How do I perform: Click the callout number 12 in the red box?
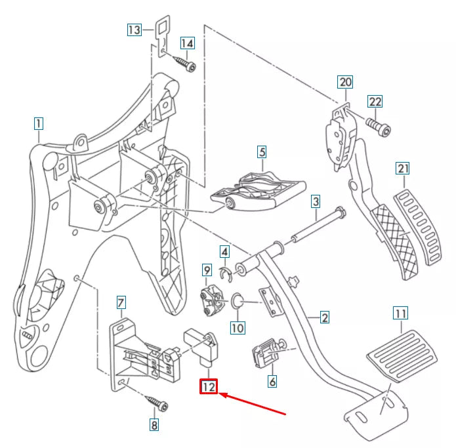[209, 387]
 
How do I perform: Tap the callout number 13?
[134, 30]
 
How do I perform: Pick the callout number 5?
[262, 152]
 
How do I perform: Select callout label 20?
[345, 82]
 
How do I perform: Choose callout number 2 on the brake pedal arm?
[324, 318]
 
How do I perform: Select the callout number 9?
[206, 270]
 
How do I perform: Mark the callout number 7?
[121, 302]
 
